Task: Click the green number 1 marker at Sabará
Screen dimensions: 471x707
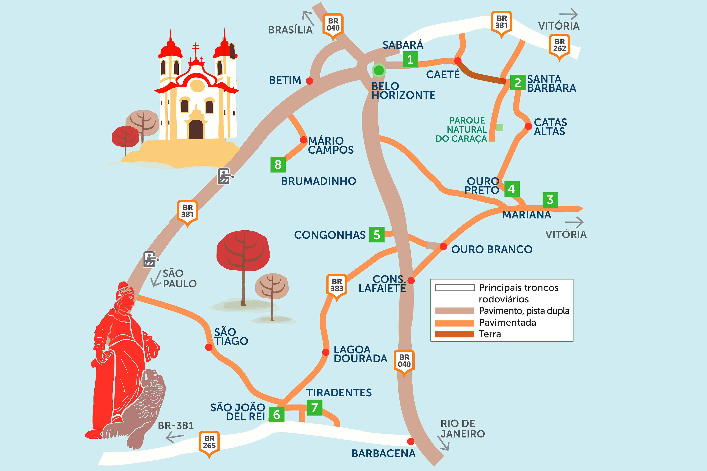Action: click(410, 59)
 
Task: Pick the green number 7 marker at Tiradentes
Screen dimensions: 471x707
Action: click(314, 408)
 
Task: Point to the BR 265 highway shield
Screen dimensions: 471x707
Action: click(209, 442)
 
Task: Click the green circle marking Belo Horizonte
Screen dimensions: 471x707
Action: click(379, 70)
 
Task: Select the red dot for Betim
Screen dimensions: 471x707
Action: click(310, 81)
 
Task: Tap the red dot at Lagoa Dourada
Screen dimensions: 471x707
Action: click(326, 352)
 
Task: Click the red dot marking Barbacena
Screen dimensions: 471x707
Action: click(410, 441)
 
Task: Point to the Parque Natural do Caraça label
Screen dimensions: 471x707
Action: click(461, 129)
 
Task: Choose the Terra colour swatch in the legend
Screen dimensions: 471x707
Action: click(454, 334)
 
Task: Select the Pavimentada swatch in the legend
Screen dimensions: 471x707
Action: click(454, 323)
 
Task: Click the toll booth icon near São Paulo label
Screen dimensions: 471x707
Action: click(150, 259)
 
